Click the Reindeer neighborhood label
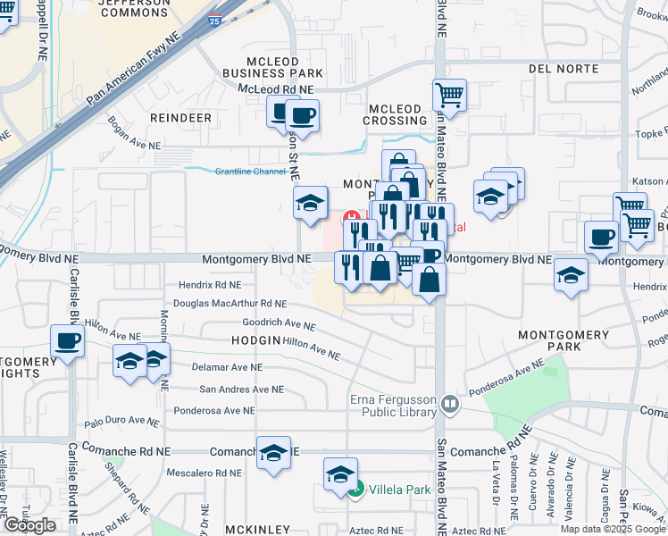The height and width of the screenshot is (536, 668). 181,118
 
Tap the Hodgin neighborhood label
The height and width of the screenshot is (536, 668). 256,340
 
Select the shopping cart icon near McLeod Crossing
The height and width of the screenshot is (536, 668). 449,94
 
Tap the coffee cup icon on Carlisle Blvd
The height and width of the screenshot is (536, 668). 67,340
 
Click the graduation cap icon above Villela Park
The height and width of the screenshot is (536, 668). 340,475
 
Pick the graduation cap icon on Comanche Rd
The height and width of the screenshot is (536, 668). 273,452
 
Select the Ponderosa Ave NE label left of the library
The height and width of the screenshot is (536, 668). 215,411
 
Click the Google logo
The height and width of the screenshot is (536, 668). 29,525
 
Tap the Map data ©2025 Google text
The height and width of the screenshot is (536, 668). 613,529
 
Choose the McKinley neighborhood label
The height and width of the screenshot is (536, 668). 256,530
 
